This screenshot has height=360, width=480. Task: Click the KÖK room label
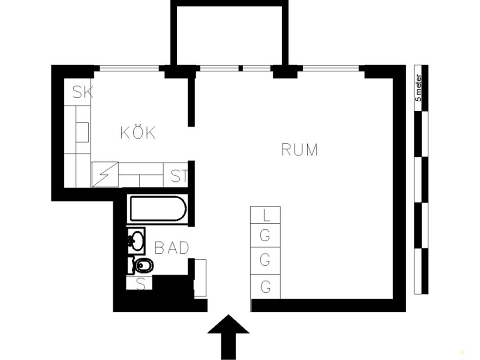[138, 133]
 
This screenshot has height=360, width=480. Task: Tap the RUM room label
[299, 149]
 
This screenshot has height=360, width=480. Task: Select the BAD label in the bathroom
[171, 247]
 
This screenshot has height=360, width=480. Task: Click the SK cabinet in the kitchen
[82, 93]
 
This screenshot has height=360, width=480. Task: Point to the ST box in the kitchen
[178, 176]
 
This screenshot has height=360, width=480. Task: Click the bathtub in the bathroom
[157, 209]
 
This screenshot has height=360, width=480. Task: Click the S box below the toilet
[140, 284]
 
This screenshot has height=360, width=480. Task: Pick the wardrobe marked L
[266, 215]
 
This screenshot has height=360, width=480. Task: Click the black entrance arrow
[228, 336]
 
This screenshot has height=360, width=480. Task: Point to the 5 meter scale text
[419, 88]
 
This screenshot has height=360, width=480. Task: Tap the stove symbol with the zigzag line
[105, 174]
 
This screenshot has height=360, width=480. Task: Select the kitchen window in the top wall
[129, 69]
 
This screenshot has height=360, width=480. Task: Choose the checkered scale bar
[421, 180]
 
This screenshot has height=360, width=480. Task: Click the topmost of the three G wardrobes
[266, 235]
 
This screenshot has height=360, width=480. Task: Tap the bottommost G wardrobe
[266, 286]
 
